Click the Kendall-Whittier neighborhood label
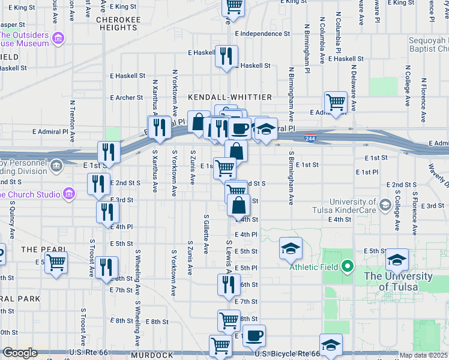[230, 97]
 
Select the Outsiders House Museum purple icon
[58, 40]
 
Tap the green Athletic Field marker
[347, 266]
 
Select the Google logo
[20, 353]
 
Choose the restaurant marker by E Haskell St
[226, 56]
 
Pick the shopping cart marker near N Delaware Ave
[336, 101]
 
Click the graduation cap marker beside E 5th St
[291, 248]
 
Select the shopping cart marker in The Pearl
[56, 262]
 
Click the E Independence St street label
[263, 34]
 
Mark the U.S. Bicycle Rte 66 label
[286, 354]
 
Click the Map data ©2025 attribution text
[424, 355]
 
